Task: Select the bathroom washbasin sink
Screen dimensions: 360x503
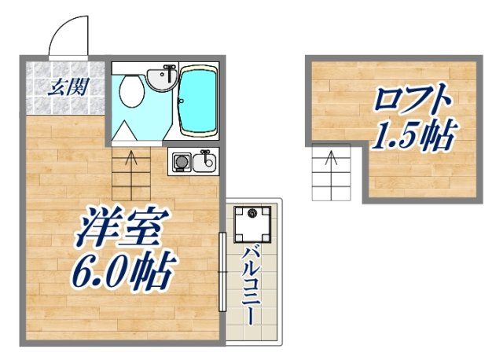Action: [x=161, y=79]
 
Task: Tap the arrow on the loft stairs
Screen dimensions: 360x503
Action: [x=331, y=161]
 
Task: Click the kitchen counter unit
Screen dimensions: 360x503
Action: [x=192, y=161]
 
